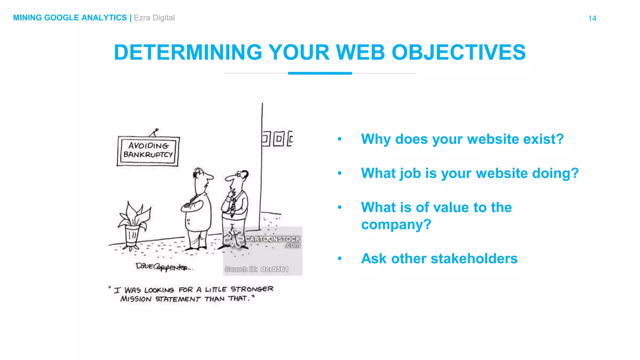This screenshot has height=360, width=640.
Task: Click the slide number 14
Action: [592, 18]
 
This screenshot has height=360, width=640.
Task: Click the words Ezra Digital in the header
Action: [154, 18]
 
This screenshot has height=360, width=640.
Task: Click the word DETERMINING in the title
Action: [188, 52]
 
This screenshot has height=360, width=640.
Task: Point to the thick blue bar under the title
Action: [320, 73]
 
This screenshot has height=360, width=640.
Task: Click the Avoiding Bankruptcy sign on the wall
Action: [148, 151]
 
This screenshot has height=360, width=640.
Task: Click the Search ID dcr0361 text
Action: [256, 269]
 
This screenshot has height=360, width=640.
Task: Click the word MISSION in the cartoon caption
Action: [136, 299]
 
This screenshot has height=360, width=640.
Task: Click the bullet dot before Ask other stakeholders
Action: [340, 258]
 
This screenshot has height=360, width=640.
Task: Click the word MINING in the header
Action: [27, 18]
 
